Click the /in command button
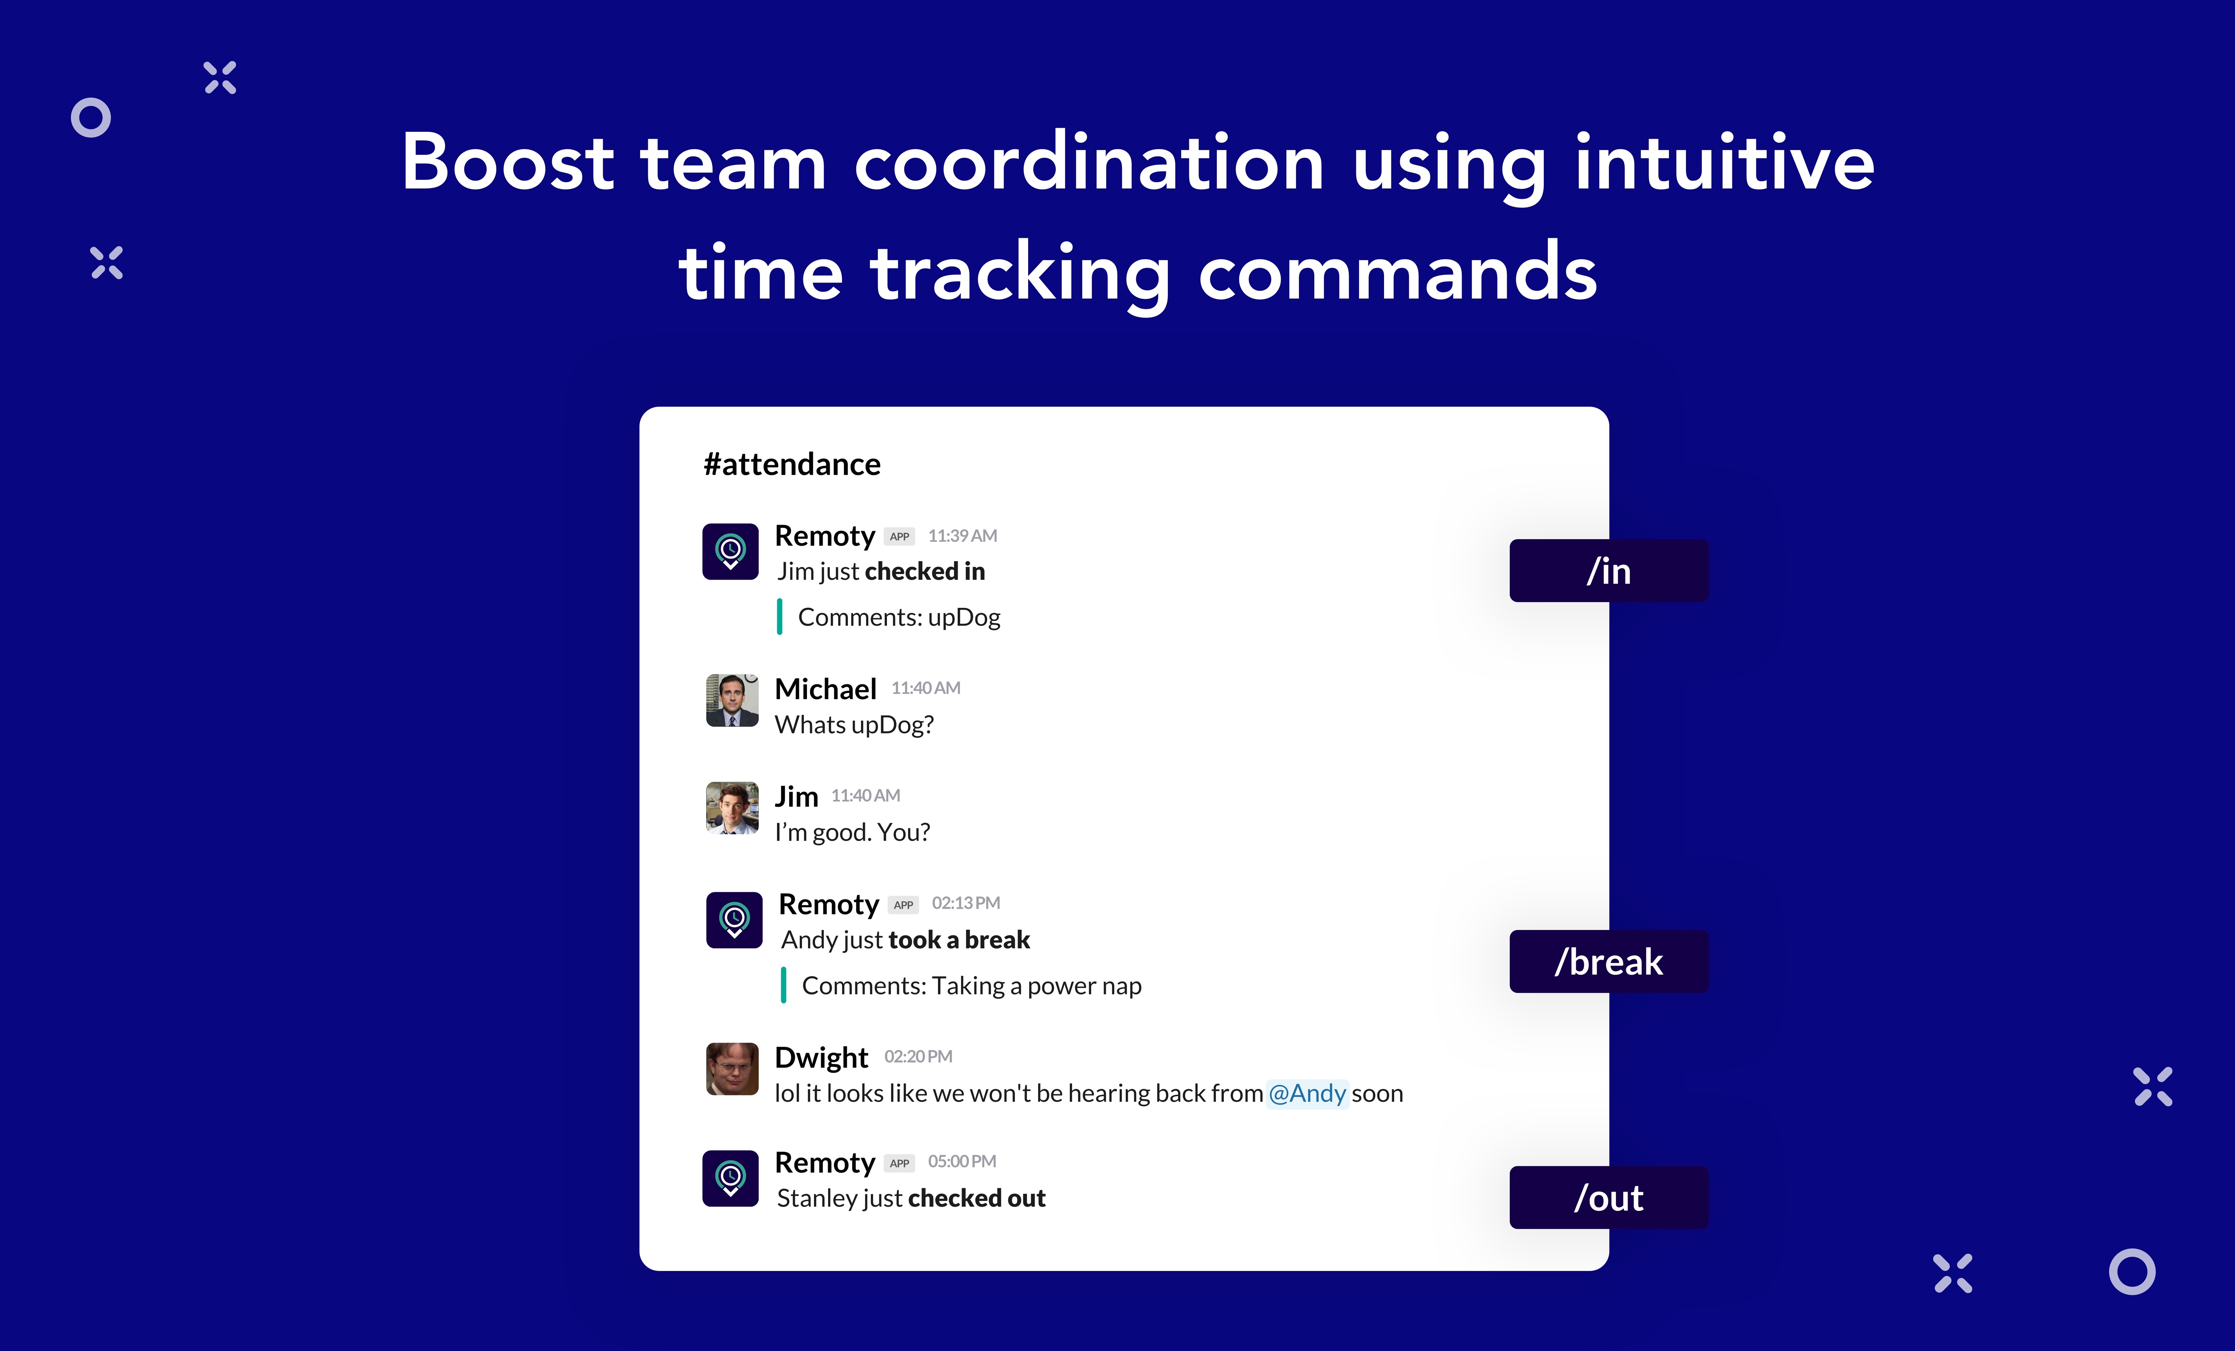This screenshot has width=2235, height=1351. pos(1608,571)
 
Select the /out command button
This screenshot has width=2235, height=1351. pos(1608,1198)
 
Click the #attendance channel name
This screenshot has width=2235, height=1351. pos(792,465)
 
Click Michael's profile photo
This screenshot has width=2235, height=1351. pos(732,701)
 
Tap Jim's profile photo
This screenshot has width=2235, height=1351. pos(732,808)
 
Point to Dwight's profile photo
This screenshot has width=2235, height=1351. pos(732,1069)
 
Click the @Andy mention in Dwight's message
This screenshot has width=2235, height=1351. pos(1307,1093)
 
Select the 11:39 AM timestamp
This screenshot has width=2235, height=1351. pos(962,536)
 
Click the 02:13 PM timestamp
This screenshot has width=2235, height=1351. pos(966,904)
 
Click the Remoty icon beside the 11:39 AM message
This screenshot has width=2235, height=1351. pos(730,552)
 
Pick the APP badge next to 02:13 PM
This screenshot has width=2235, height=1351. pos(903,905)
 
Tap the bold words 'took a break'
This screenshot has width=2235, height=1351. pos(960,940)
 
